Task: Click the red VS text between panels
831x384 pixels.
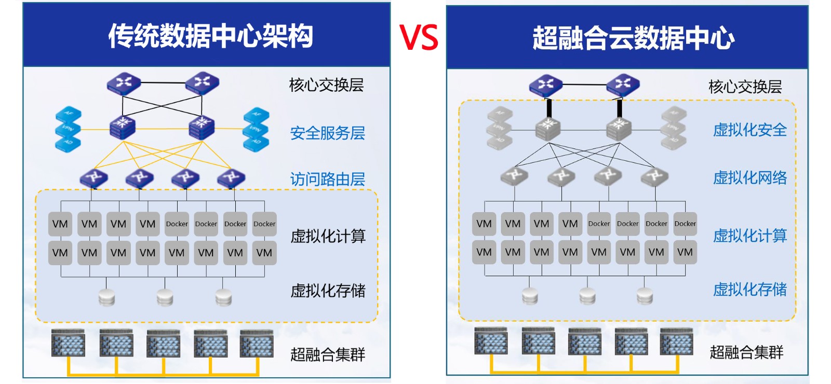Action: click(x=419, y=37)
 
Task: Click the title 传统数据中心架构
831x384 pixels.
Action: click(x=210, y=36)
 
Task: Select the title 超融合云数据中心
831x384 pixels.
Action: click(x=633, y=38)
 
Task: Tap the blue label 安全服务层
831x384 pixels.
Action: click(x=327, y=133)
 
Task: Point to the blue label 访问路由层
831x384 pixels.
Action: click(x=327, y=180)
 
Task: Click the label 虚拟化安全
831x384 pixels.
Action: click(x=749, y=130)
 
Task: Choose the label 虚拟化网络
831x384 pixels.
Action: click(x=749, y=178)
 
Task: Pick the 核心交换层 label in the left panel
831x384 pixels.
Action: click(x=326, y=85)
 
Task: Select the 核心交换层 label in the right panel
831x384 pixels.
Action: click(x=745, y=87)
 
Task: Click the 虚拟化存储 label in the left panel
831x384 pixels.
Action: click(x=328, y=291)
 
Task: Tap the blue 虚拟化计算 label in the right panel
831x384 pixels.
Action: click(x=749, y=236)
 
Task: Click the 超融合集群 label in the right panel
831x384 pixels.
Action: click(x=746, y=353)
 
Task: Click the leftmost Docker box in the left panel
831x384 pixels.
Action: click(x=177, y=224)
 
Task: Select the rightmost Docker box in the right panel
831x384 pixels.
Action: click(x=685, y=224)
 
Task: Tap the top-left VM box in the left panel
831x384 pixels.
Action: click(x=60, y=224)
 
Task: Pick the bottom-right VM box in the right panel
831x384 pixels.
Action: click(x=685, y=252)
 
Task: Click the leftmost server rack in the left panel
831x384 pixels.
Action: click(x=68, y=343)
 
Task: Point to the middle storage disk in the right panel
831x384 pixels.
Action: click(x=587, y=296)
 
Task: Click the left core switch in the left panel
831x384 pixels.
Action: click(x=124, y=83)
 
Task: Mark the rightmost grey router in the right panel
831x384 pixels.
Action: click(x=654, y=176)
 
